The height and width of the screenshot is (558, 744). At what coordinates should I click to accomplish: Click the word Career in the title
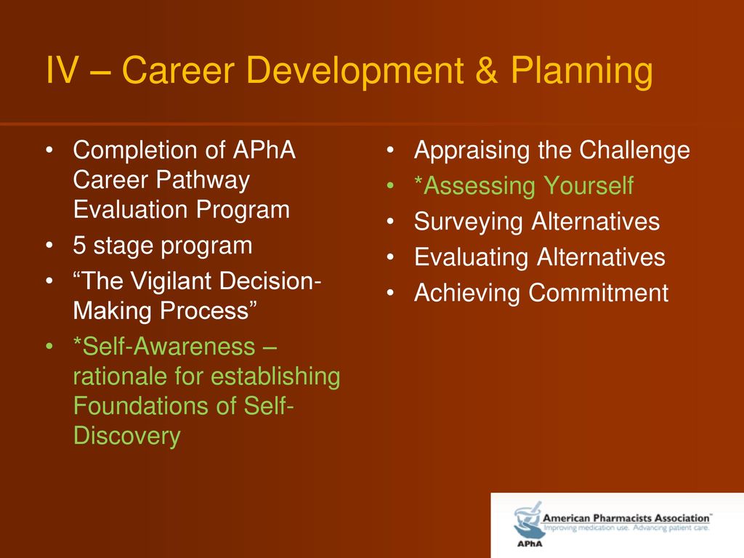pyautogui.click(x=179, y=70)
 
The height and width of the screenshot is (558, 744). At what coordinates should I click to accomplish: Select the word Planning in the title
pyautogui.click(x=582, y=72)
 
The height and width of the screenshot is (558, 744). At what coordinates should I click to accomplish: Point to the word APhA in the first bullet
pyautogui.click(x=264, y=150)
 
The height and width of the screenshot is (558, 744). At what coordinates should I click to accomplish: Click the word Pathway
pyautogui.click(x=203, y=180)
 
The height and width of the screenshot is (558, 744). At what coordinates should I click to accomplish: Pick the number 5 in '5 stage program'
pyautogui.click(x=79, y=246)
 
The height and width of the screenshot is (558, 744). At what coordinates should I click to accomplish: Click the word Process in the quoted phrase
pyautogui.click(x=204, y=311)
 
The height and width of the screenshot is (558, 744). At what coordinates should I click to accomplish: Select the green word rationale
pyautogui.click(x=121, y=376)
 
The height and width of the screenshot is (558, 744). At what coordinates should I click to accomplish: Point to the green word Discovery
pyautogui.click(x=126, y=437)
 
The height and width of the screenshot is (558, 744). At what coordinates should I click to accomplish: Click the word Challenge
pyautogui.click(x=634, y=151)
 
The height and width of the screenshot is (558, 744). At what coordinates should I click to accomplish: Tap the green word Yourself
pyautogui.click(x=589, y=185)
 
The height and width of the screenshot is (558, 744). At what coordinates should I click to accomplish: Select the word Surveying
pyautogui.click(x=468, y=222)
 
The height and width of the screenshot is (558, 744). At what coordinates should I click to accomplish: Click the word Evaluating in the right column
pyautogui.click(x=471, y=258)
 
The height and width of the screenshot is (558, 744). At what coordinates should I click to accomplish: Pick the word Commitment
pyautogui.click(x=599, y=293)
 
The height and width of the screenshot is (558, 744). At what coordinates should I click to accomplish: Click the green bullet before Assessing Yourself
pyautogui.click(x=390, y=186)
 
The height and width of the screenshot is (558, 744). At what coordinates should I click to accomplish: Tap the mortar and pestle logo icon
pyautogui.click(x=527, y=521)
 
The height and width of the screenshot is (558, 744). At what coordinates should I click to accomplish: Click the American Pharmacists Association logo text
pyautogui.click(x=626, y=518)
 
